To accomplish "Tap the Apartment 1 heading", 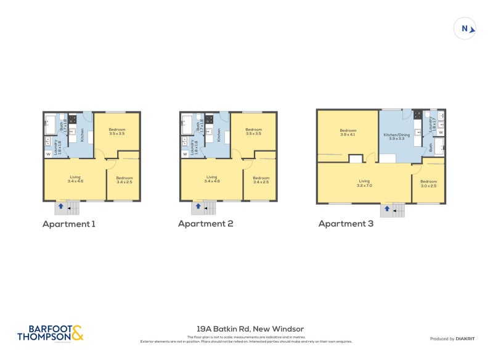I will tap(68, 224).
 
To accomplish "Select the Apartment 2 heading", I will tap(205, 224).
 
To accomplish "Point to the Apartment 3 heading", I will tap(346, 224).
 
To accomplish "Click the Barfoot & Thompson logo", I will tap(50, 333).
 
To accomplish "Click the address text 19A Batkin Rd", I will tap(246, 329).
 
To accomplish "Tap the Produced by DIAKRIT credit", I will tap(450, 338).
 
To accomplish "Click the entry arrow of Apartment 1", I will tap(60, 207).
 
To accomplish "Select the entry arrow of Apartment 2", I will tap(198, 207).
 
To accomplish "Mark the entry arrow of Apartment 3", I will tap(387, 210).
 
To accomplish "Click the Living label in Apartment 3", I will tap(364, 183).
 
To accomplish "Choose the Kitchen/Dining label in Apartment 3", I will tap(397, 137).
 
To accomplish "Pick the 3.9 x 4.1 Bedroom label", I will tap(348, 133).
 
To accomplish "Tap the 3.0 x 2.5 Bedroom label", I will tap(428, 184).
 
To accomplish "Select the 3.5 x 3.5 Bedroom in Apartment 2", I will tap(253, 131).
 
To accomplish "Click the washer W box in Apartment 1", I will tap(48, 154).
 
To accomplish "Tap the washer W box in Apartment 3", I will tap(441, 132).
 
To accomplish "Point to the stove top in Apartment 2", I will tap(209, 118).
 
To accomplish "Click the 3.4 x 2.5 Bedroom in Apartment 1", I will tap(124, 179).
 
